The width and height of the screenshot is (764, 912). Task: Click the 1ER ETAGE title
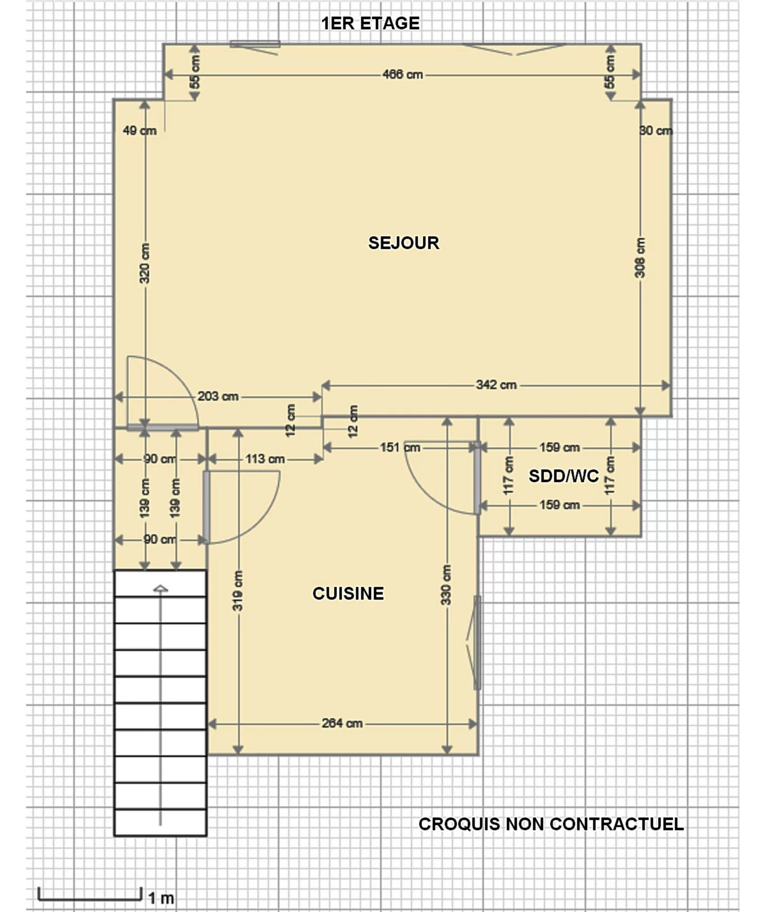point(370,23)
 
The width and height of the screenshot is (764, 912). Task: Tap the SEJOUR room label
point(404,243)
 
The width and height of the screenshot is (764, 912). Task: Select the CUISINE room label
point(348,593)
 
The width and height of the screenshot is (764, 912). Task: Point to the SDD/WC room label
point(564,475)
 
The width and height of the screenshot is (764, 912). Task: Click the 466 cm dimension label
point(403,75)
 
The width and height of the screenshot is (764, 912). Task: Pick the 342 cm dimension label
point(496,385)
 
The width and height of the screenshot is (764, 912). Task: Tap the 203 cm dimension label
point(218,396)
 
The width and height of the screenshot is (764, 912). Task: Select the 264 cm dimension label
point(342,723)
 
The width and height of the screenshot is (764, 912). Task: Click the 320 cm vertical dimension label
point(145,264)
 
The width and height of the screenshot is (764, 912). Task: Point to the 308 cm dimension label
point(640,258)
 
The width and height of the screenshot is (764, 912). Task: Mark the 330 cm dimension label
point(446,585)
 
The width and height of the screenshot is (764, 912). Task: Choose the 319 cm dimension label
point(238,590)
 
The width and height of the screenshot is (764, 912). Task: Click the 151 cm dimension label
point(400,447)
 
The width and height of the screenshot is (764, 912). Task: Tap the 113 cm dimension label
point(265,459)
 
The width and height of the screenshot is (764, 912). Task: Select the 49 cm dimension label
point(140,131)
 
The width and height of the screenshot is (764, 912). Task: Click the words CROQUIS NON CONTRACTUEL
point(551,824)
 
